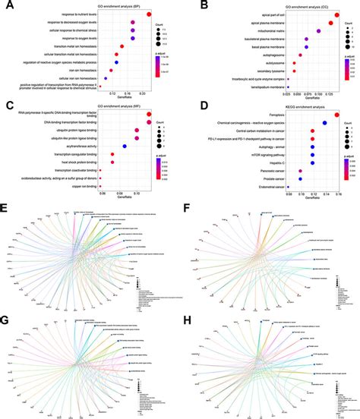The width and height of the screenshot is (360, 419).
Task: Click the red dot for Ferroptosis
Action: coord(336,114)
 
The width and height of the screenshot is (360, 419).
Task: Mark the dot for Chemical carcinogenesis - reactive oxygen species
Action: coord(324,123)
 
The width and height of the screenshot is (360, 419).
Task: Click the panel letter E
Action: coord(6,208)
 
